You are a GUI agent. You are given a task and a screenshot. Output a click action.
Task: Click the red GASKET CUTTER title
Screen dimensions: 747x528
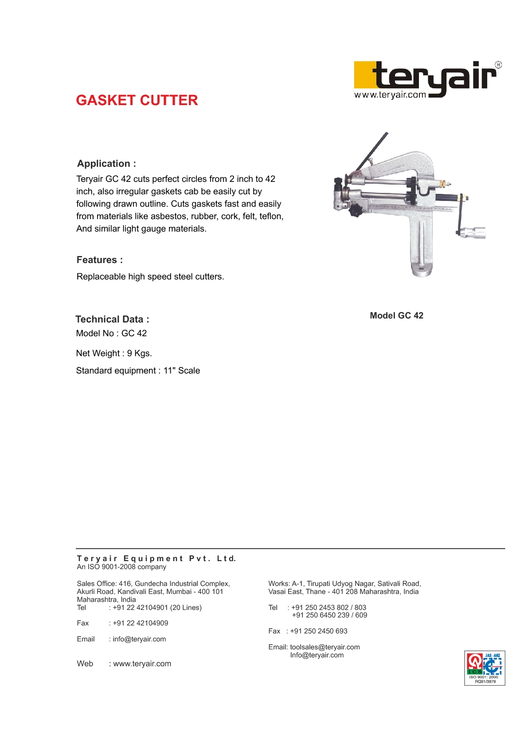pos(137,100)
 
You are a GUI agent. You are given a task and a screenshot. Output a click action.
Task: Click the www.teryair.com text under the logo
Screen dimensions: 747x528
pos(390,94)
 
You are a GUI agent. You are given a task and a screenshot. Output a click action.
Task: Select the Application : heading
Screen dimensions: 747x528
pos(106,164)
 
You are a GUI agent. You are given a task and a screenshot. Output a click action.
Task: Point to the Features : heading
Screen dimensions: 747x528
pos(100,260)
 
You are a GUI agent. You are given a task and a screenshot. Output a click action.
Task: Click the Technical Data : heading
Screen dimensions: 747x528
pos(112,319)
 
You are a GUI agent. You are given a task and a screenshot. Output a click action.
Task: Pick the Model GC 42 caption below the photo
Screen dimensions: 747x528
pos(396,315)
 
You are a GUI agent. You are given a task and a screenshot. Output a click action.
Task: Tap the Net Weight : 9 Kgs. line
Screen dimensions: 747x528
pos(114,353)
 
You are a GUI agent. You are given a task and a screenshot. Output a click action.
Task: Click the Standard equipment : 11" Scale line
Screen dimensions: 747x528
pos(138,370)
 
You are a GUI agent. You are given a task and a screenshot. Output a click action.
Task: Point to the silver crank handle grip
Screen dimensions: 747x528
pos(473,232)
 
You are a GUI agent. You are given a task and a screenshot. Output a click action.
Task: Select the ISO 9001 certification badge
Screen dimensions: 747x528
pos(485,668)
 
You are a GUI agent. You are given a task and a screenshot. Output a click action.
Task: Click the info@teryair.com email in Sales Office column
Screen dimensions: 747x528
pos(139,639)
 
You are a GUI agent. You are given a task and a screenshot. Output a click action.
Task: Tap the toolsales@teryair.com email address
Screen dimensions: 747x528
pos(325,647)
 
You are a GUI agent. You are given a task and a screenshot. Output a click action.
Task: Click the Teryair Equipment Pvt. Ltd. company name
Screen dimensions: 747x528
pos(156,558)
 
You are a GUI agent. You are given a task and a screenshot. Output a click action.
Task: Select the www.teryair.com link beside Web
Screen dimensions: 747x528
pos(142,664)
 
